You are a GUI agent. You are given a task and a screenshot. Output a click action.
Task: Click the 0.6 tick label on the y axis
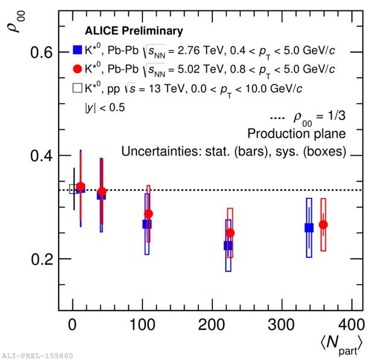42,52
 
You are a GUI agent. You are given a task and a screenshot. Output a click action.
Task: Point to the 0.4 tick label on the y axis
42,156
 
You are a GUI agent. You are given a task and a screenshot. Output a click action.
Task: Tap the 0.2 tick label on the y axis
42,259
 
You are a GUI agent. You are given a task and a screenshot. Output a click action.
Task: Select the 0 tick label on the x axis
72,324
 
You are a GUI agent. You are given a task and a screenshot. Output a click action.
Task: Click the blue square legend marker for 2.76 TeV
77,49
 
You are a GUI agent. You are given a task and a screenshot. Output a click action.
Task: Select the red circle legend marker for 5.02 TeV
77,69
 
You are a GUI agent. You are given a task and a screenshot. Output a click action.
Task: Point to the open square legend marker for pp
77,88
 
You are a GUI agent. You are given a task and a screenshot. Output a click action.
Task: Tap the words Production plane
296,133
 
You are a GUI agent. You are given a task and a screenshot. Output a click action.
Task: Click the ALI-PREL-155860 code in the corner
37,355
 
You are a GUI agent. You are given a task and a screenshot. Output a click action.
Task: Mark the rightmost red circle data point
323,224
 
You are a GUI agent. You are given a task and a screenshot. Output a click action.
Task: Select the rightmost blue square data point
309,227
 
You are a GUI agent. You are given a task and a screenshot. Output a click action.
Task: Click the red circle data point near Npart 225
230,233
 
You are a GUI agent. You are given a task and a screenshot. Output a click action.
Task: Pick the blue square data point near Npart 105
147,224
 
